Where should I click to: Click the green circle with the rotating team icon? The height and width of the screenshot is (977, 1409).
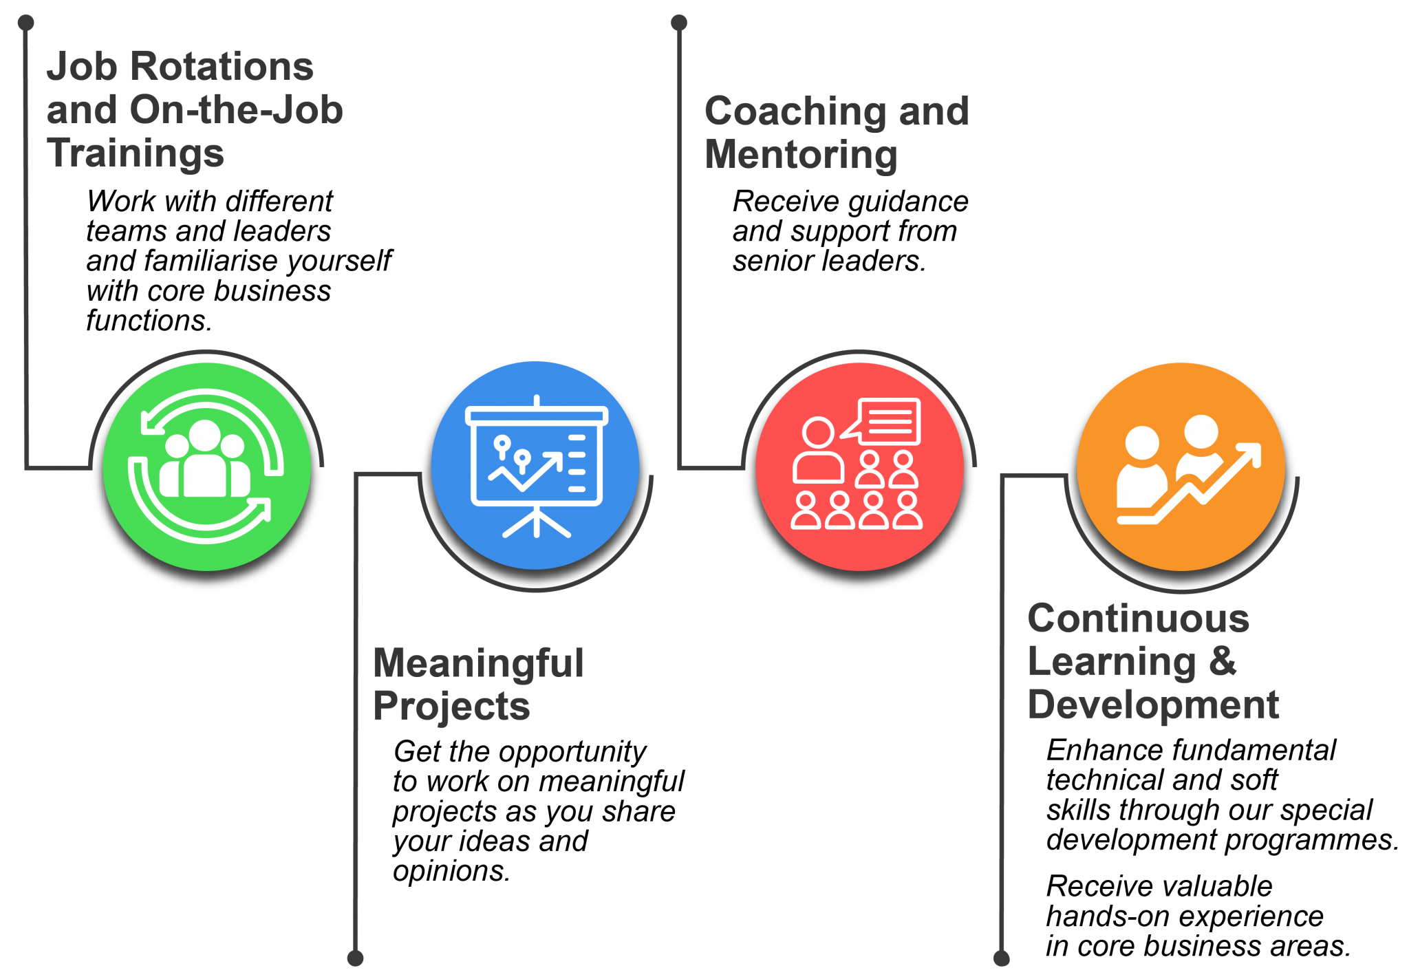click(x=206, y=466)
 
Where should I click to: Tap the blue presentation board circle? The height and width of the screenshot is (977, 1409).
click(x=536, y=466)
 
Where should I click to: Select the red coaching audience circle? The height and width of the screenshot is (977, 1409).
click(x=859, y=466)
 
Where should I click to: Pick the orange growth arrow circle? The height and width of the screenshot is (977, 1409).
click(x=1181, y=466)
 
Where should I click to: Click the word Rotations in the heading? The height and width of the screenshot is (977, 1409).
click(x=222, y=67)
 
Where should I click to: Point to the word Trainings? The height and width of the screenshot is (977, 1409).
click(x=136, y=153)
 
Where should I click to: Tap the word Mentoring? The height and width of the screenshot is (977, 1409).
click(x=801, y=155)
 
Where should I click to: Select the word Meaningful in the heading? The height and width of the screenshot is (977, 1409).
click(x=478, y=664)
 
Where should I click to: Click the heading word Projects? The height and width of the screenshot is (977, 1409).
click(x=451, y=707)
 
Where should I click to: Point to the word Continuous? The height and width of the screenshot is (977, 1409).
click(x=1138, y=619)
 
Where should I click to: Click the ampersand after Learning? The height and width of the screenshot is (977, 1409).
click(x=1223, y=661)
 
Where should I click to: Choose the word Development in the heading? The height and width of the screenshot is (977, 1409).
click(x=1153, y=705)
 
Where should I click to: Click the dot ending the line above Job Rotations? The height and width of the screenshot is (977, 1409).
click(x=26, y=23)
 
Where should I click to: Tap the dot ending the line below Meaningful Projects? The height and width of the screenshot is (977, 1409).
click(x=355, y=958)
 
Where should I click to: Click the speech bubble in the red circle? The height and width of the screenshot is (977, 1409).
click(x=888, y=420)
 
